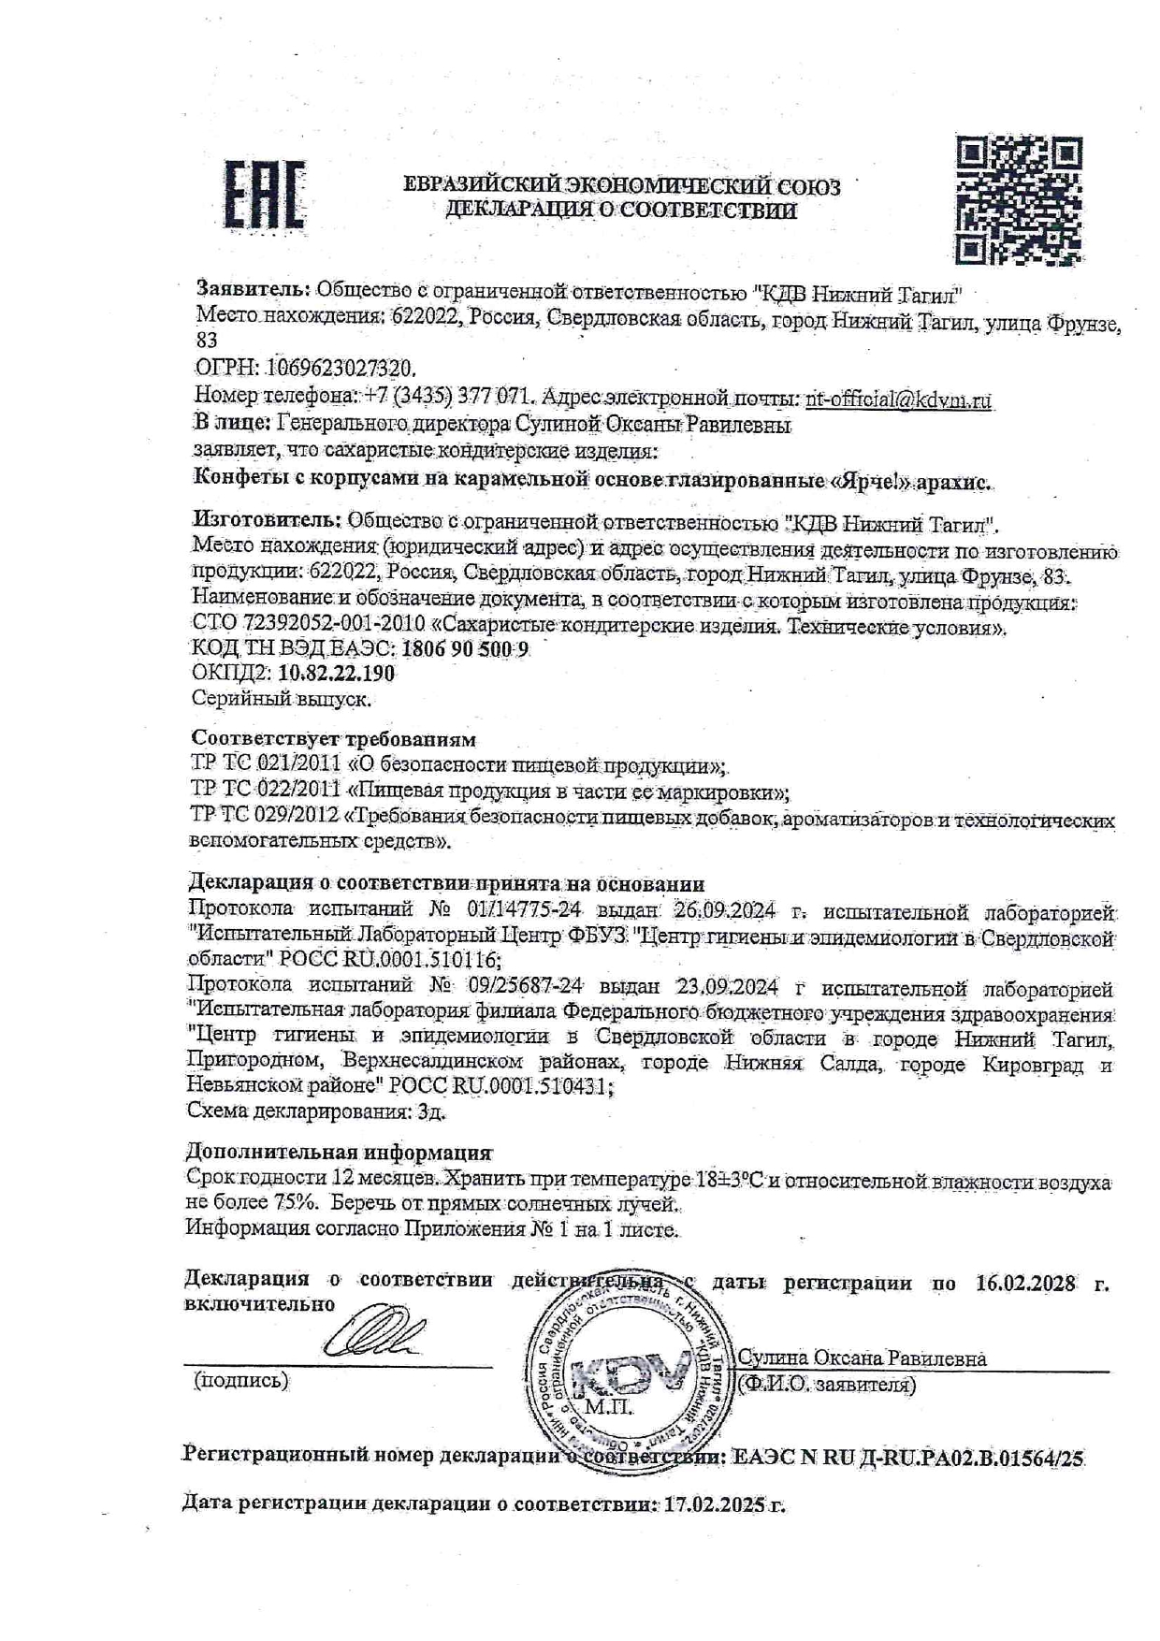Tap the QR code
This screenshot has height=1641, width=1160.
(x=1019, y=199)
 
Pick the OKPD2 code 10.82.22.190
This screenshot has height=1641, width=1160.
(x=337, y=674)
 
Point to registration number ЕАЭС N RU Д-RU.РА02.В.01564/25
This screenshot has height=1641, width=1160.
(x=908, y=1457)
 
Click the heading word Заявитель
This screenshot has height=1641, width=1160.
(x=252, y=290)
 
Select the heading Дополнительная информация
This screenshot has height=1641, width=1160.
(x=339, y=1152)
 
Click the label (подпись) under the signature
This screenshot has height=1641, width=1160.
(x=240, y=1380)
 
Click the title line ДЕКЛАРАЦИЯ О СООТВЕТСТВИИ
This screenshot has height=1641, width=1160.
(x=621, y=210)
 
